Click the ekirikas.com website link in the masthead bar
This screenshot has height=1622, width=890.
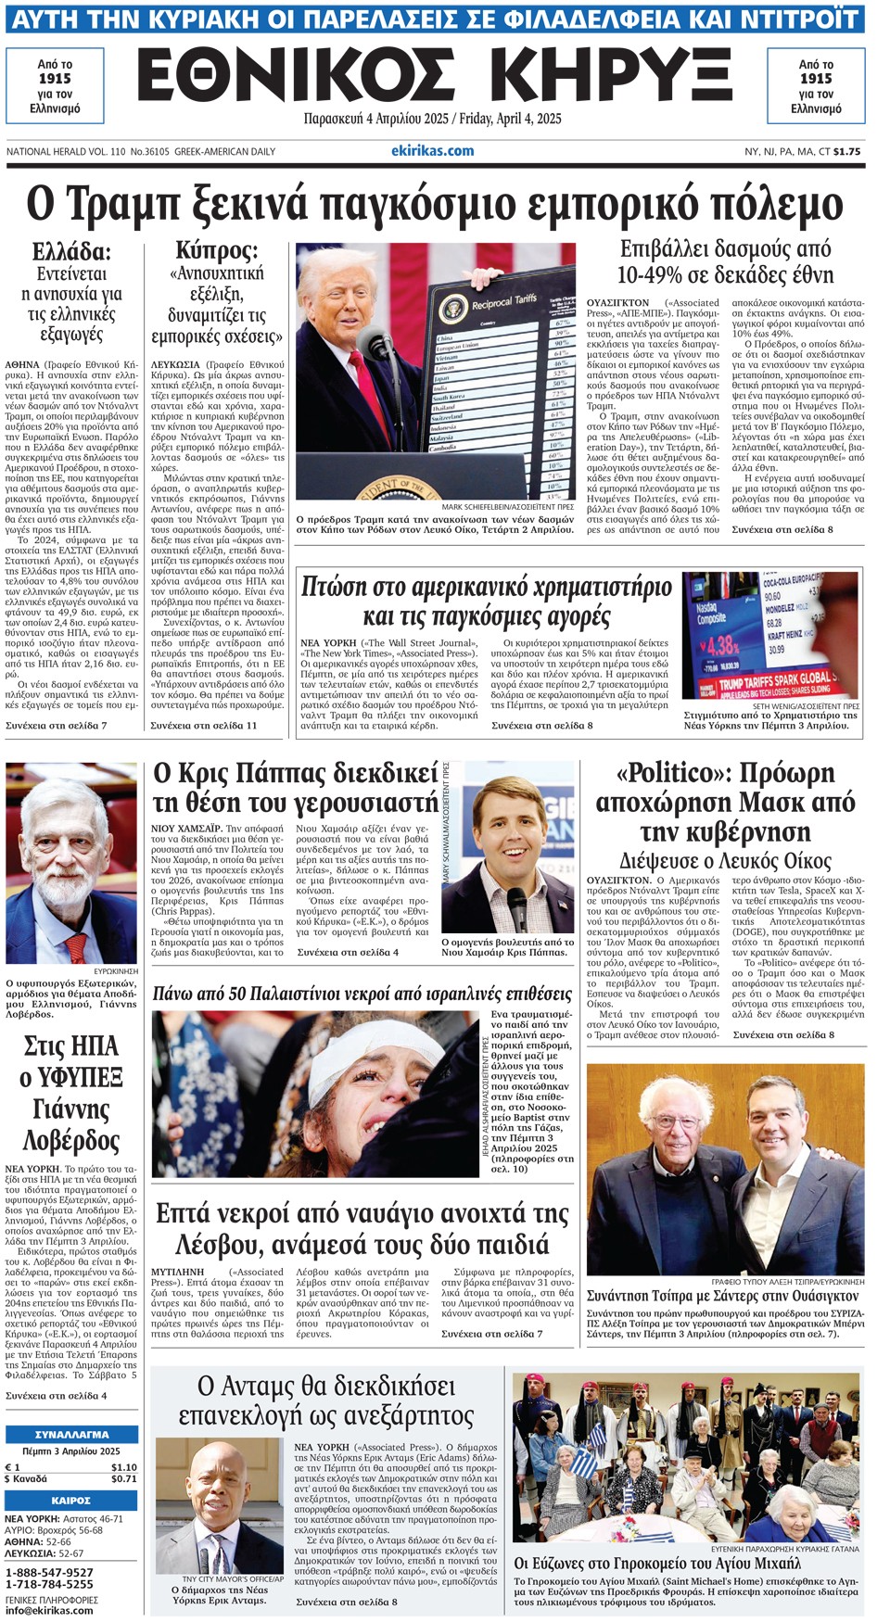pyautogui.click(x=432, y=150)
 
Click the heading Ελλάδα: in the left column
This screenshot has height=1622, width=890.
pyautogui.click(x=71, y=252)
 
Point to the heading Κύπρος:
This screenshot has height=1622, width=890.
pyautogui.click(x=217, y=250)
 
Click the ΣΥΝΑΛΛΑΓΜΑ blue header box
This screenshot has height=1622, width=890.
pyautogui.click(x=71, y=1434)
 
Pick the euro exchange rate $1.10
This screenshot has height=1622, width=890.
pyautogui.click(x=123, y=1467)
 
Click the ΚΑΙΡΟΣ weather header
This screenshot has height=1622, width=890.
pyautogui.click(x=71, y=1500)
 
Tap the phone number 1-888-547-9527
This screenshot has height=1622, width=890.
pyautogui.click(x=49, y=1572)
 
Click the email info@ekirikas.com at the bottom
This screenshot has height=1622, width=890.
pyautogui.click(x=49, y=1610)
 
